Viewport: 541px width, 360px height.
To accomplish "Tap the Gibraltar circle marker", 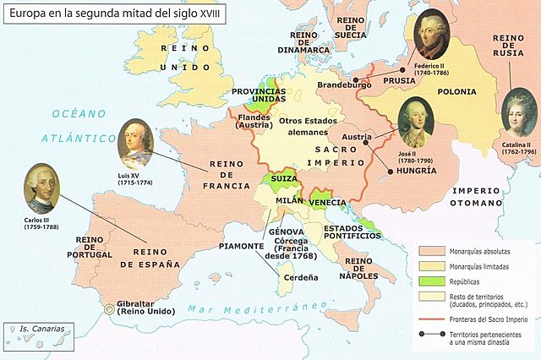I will (109, 308).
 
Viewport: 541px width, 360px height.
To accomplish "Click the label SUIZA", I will (283, 180).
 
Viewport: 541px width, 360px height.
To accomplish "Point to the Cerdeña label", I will (301, 276).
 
